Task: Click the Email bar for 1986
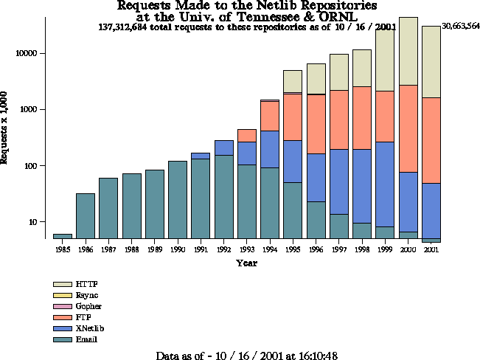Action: pyautogui.click(x=86, y=216)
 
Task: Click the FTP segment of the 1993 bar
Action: pyautogui.click(x=247, y=135)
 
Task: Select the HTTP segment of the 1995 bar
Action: pyautogui.click(x=293, y=81)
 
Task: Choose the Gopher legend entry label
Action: pyautogui.click(x=89, y=306)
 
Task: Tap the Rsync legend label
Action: pyautogui.click(x=88, y=295)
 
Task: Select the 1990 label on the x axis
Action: pyautogui.click(x=178, y=250)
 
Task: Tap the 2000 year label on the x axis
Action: pyautogui.click(x=408, y=250)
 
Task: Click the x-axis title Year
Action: pyautogui.click(x=246, y=263)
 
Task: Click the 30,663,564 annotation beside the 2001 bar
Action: pyautogui.click(x=461, y=26)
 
